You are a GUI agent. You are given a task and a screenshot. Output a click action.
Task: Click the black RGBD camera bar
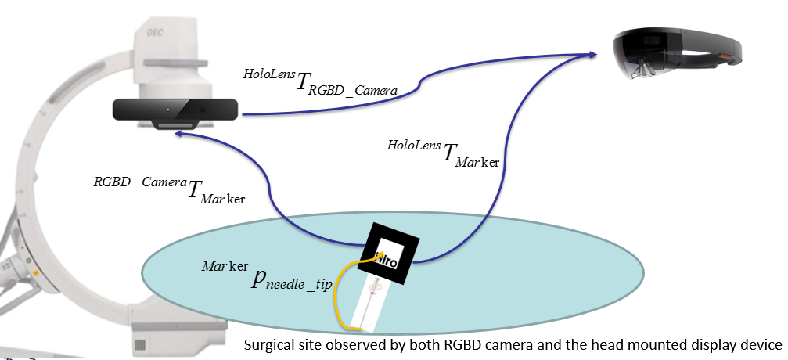pos(177,110)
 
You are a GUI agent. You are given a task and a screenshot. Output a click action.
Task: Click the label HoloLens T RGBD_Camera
pos(321,81)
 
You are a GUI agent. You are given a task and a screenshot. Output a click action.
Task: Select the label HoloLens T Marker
pos(444,153)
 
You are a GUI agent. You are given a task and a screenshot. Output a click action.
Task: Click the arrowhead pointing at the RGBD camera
pos(179,135)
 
